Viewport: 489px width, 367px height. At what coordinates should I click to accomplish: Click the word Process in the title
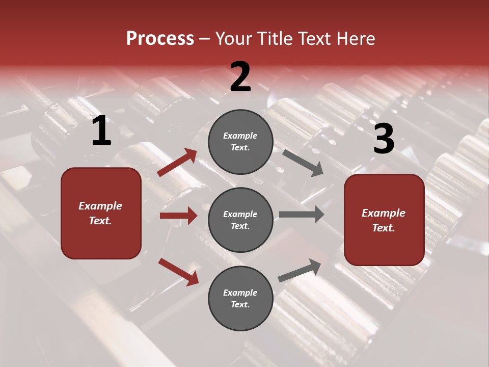(160, 39)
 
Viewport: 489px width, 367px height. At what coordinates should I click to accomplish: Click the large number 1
(101, 132)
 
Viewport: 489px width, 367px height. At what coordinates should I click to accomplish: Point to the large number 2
(240, 77)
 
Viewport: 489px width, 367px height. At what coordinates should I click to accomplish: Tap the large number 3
(384, 139)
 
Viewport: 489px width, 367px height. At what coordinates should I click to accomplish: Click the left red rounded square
(101, 213)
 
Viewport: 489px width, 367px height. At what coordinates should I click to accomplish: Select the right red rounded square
(384, 220)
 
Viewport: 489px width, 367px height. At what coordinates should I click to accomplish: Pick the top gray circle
(240, 142)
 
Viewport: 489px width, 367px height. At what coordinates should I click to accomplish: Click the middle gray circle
(240, 220)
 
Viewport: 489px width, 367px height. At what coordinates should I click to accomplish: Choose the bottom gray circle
(240, 298)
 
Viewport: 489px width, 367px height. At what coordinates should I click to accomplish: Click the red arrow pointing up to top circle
(177, 163)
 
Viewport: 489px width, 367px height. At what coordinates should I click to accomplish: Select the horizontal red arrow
(178, 216)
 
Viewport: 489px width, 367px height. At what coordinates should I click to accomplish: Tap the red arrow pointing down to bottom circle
(178, 271)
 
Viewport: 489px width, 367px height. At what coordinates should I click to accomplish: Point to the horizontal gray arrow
(301, 214)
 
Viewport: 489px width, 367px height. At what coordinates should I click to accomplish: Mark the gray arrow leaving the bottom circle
(300, 270)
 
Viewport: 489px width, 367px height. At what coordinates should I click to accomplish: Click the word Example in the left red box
(100, 206)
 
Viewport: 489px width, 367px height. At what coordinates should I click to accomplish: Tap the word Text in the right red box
(383, 228)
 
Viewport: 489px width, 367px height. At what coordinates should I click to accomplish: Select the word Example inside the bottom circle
(240, 293)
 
